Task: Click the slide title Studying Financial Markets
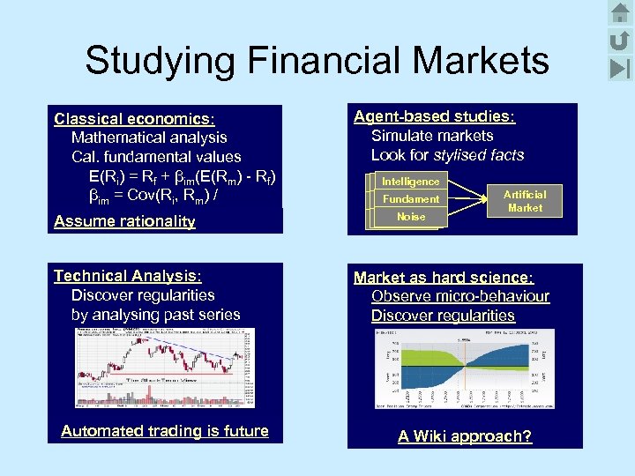pyautogui.click(x=317, y=61)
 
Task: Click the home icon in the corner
pyautogui.click(x=620, y=13)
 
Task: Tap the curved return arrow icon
pyautogui.click(x=620, y=40)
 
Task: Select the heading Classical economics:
pyautogui.click(x=135, y=118)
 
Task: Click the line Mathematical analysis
pyautogui.click(x=149, y=138)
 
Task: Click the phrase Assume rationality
pyautogui.click(x=124, y=221)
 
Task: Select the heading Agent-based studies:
pyautogui.click(x=434, y=116)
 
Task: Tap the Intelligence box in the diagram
pyautogui.click(x=410, y=182)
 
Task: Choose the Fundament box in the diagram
pyautogui.click(x=410, y=199)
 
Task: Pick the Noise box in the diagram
pyautogui.click(x=410, y=217)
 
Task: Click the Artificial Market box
pyautogui.click(x=525, y=201)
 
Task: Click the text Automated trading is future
pyautogui.click(x=165, y=431)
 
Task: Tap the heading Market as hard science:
pyautogui.click(x=444, y=278)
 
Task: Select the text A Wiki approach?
pyautogui.click(x=465, y=436)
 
